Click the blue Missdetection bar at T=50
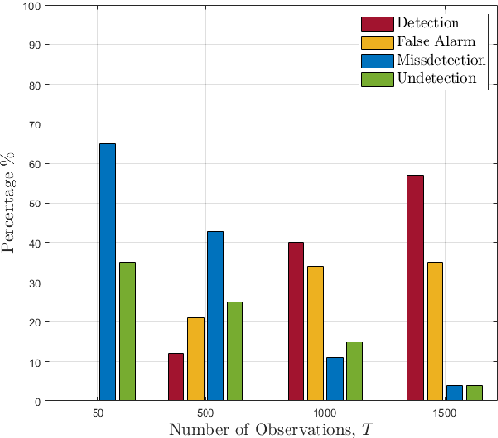tap(107, 272)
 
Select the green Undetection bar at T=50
tap(126, 331)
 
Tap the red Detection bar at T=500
tap(176, 376)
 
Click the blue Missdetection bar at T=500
tap(215, 315)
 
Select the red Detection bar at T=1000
tap(295, 321)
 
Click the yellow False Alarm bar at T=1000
tap(315, 333)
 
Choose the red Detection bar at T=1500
tap(415, 287)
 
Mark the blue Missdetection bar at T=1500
tap(455, 393)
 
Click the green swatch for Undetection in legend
tap(374, 78)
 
